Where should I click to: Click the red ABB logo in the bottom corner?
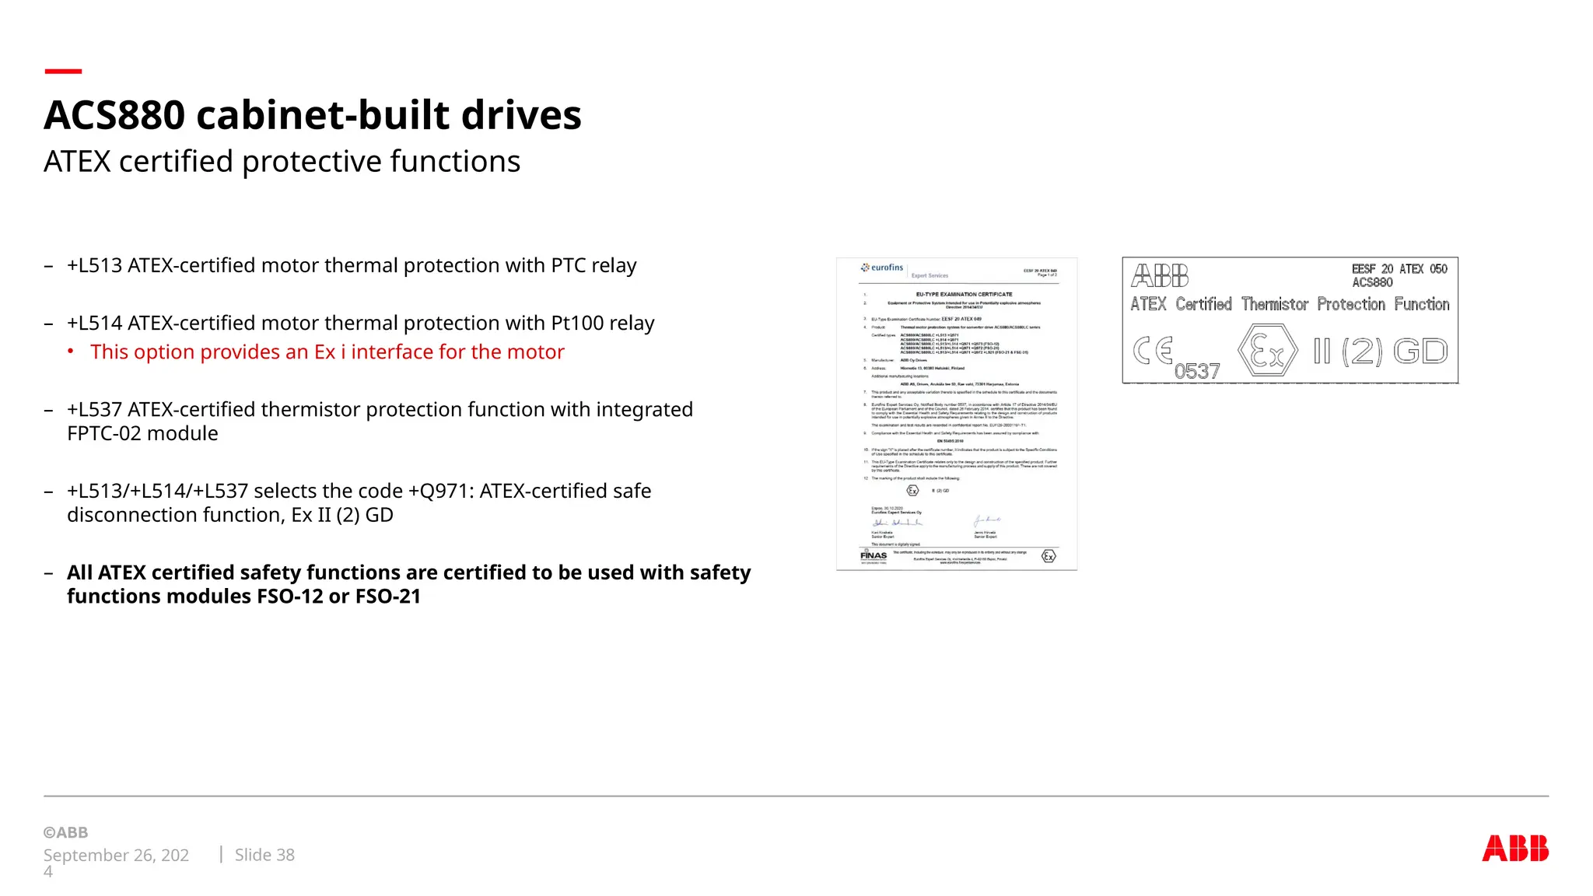[x=1514, y=848]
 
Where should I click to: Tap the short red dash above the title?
[x=63, y=72]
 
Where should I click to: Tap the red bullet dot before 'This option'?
[x=71, y=352]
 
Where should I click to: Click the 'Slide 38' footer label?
[x=264, y=855]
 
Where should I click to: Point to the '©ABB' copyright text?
[x=66, y=832]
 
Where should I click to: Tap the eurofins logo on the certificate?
[x=882, y=268]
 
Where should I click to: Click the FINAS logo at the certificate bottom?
[x=874, y=555]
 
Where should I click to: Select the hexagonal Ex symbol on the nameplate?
[x=1267, y=352]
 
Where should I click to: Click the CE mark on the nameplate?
[x=1153, y=351]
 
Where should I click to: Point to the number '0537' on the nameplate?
[x=1197, y=372]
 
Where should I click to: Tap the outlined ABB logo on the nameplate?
[x=1160, y=275]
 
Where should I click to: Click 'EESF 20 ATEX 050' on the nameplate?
[x=1399, y=269]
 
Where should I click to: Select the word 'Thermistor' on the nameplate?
[x=1275, y=304]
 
